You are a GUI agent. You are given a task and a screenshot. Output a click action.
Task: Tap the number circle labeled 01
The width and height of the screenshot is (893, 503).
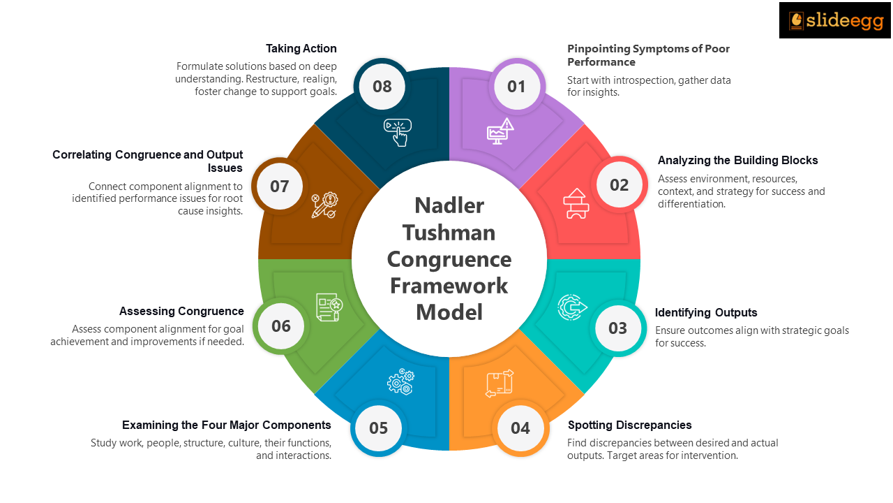pyautogui.click(x=516, y=87)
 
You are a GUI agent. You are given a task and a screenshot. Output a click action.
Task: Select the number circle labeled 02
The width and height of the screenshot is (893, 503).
pyautogui.click(x=619, y=185)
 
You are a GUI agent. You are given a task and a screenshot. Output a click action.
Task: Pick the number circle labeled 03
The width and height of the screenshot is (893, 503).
pyautogui.click(x=618, y=328)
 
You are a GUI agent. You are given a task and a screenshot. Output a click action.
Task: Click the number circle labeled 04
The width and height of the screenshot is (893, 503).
pyautogui.click(x=520, y=428)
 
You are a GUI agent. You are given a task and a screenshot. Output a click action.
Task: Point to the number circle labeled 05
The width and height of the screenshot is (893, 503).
pyautogui.click(x=378, y=428)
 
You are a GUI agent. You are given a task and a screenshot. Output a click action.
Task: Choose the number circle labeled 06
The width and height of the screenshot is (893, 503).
pyautogui.click(x=281, y=326)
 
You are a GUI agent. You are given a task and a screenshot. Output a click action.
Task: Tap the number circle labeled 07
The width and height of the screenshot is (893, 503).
pyautogui.click(x=280, y=187)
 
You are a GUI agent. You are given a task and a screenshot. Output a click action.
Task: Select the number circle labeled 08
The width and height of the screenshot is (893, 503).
pyautogui.click(x=382, y=87)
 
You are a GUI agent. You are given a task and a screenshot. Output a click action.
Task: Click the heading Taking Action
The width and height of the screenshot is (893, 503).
pyautogui.click(x=301, y=49)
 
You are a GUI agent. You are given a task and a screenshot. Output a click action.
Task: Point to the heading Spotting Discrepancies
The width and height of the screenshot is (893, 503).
pyautogui.click(x=629, y=425)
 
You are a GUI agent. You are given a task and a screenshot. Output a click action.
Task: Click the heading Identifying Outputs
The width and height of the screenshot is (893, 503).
pyautogui.click(x=706, y=312)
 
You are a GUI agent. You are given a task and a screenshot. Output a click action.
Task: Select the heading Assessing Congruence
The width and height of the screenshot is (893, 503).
pyautogui.click(x=181, y=311)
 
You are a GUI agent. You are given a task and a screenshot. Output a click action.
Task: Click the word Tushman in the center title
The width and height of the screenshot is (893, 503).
pyautogui.click(x=449, y=232)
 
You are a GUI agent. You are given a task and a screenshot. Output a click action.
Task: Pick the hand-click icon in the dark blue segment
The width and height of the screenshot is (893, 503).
pyautogui.click(x=398, y=132)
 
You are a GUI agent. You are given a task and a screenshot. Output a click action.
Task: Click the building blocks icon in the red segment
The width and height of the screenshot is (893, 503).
pyautogui.click(x=576, y=203)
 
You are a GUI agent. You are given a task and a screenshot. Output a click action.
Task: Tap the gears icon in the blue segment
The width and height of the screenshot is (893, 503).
pyautogui.click(x=400, y=381)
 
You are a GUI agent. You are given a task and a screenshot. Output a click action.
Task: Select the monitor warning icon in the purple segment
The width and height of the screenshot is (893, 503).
pyautogui.click(x=500, y=131)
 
